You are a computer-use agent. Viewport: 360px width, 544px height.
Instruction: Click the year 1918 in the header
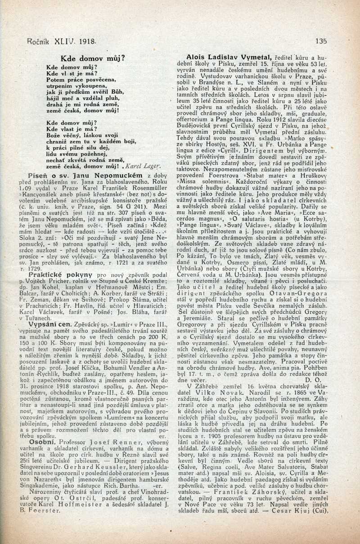(87, 40)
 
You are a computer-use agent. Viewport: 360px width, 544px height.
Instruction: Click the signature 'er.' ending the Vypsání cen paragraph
(163, 421)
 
